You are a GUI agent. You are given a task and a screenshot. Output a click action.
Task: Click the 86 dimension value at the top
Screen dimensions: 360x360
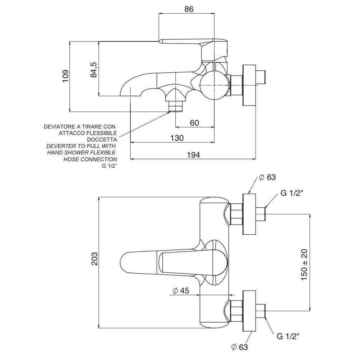189,9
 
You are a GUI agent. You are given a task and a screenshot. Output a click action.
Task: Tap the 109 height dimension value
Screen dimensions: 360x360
66,76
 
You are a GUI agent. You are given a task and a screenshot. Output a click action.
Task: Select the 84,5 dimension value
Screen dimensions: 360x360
94,69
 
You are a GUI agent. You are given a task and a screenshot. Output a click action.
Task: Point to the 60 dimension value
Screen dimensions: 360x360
194,123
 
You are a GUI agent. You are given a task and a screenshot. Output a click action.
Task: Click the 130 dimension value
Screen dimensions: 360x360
177,138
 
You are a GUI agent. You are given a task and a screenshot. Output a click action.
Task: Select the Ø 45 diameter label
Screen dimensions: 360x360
181,291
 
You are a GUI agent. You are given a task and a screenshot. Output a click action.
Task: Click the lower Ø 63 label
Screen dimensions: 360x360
239,347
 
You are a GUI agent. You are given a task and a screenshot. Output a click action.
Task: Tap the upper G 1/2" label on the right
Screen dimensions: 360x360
292,193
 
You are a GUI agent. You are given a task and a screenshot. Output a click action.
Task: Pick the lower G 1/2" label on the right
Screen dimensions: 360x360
288,336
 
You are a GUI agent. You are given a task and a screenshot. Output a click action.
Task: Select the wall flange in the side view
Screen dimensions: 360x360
249,85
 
